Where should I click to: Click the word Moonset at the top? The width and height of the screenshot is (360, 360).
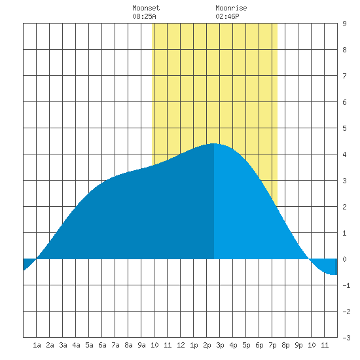pos(146,8)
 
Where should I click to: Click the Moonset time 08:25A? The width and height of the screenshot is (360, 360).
pos(144,16)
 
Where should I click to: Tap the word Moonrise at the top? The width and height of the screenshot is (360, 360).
pos(231,8)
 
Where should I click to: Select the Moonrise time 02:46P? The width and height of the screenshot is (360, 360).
pos(227,16)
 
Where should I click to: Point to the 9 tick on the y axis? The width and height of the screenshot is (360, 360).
pos(344,24)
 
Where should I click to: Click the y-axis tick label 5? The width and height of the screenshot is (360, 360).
pos(344,128)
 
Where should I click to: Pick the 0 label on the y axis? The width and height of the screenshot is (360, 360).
pos(344,259)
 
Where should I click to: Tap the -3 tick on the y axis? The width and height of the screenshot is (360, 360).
pos(346,338)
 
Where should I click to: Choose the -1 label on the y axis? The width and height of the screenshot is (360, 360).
pos(346,285)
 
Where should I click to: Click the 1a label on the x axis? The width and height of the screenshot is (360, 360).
pos(37,345)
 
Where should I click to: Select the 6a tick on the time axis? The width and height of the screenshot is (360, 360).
pos(102,345)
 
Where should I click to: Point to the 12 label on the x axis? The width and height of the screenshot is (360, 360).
pos(181,345)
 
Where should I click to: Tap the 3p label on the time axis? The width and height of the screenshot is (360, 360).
pos(220,345)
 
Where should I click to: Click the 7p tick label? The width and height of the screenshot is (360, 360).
pos(272,345)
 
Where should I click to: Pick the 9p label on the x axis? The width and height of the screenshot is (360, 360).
pos(298,345)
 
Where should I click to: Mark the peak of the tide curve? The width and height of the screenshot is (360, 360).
pos(214,143)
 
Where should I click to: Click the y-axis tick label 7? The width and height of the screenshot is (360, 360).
pos(344,76)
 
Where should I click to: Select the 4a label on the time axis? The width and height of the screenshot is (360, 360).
pos(76,345)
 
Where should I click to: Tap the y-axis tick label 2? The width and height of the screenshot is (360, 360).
pos(344,207)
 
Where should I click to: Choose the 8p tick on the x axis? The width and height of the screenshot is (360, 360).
pos(285,345)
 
